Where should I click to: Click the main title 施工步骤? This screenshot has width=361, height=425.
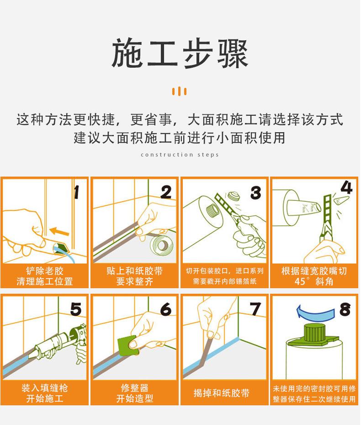pos(180,54)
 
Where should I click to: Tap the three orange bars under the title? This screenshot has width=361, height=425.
pos(180,91)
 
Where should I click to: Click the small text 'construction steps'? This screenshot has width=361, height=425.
pos(180,155)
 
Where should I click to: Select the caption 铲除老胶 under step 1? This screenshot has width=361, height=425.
pos(45,271)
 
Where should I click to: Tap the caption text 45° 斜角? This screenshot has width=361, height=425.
pos(314,281)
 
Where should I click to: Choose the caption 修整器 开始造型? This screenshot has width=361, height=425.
pos(134,393)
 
